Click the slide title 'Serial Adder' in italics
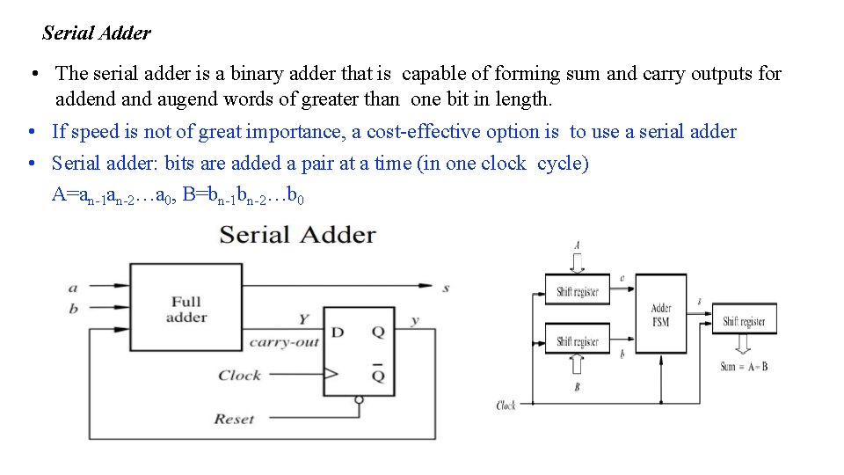pyautogui.click(x=97, y=33)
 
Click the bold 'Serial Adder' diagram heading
pyautogui.click(x=297, y=235)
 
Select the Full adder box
pyautogui.click(x=186, y=309)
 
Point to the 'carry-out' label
pyautogui.click(x=284, y=343)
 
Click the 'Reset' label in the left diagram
pyautogui.click(x=234, y=419)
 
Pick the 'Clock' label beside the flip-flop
pyautogui.click(x=240, y=376)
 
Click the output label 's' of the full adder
pyautogui.click(x=446, y=289)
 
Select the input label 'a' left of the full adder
pyautogui.click(x=73, y=288)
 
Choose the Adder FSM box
pyautogui.click(x=661, y=314)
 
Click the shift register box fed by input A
pyautogui.click(x=577, y=291)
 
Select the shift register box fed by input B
pyautogui.click(x=577, y=341)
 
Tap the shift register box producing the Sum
pyautogui.click(x=744, y=321)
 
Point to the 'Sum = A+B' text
pyautogui.click(x=744, y=366)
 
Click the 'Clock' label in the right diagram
pyautogui.click(x=506, y=406)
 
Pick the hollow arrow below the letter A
pyautogui.click(x=577, y=262)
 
